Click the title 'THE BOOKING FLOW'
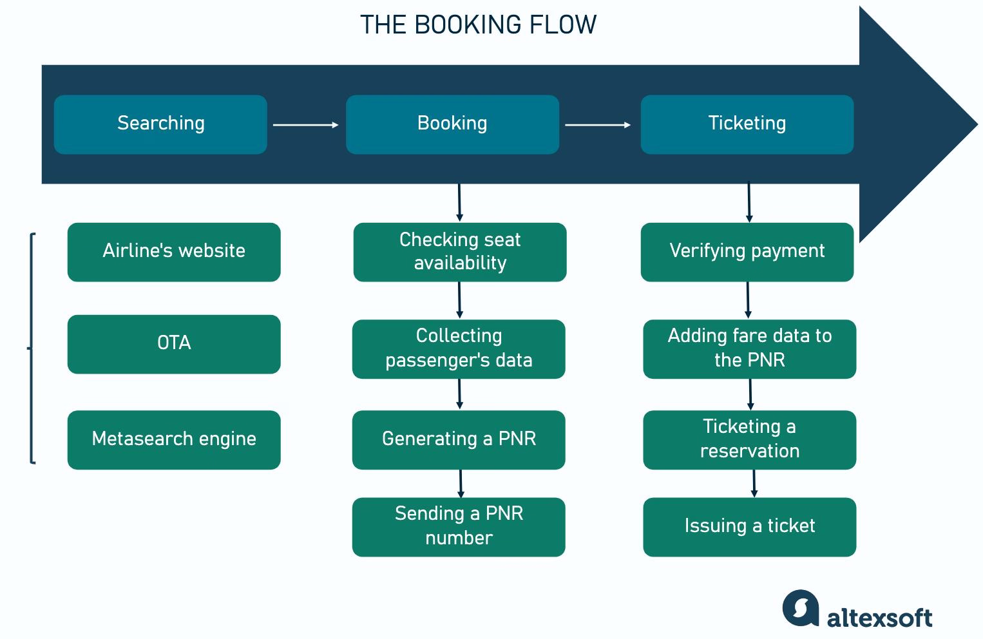(478, 25)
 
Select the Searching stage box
(160, 124)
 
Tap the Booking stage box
(452, 124)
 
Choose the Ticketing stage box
(747, 124)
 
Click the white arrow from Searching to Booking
(305, 124)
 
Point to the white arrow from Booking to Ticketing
(597, 124)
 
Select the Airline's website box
(174, 252)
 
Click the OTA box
(174, 344)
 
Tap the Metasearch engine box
(174, 439)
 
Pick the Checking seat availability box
(459, 252)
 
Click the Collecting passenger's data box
(459, 348)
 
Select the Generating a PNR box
(459, 439)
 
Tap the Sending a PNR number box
(459, 526)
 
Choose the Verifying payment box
(747, 252)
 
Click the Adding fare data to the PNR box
(749, 348)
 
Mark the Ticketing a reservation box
(749, 439)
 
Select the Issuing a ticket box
(749, 526)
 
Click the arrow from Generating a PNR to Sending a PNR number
(461, 483)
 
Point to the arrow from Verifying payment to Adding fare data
(748, 300)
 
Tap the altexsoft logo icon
(801, 607)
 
